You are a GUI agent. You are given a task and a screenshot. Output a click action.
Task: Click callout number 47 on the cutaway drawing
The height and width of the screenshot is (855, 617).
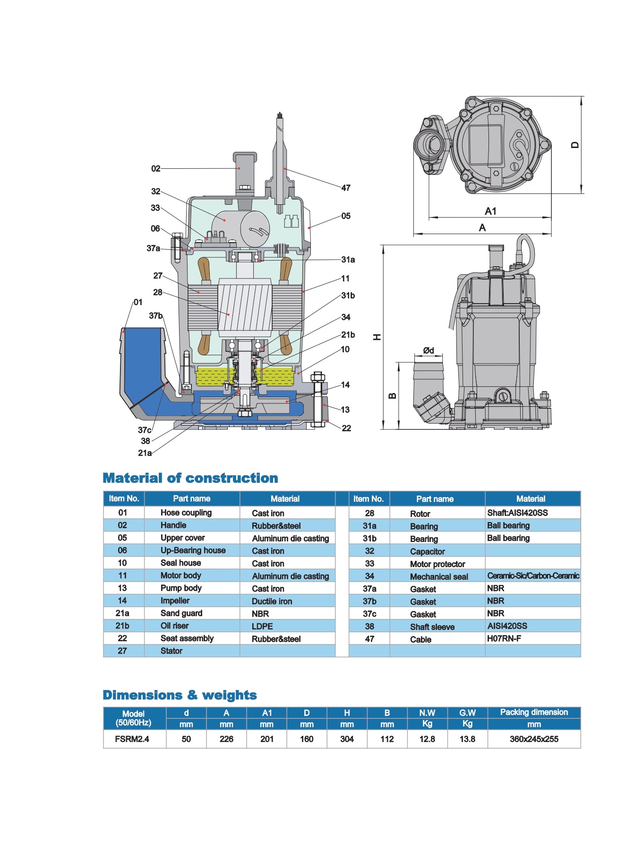click(x=346, y=188)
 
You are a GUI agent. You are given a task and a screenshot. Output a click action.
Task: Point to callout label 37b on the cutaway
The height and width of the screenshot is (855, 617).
click(x=156, y=315)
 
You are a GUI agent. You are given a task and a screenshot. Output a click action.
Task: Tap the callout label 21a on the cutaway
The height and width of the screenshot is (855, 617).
click(x=145, y=453)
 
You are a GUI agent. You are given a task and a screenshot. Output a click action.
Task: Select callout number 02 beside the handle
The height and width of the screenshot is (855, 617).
click(x=156, y=168)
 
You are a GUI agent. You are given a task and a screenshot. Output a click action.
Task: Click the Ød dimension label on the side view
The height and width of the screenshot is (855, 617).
click(x=428, y=350)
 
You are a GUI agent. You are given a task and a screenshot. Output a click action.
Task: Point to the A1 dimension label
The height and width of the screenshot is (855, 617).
click(x=490, y=211)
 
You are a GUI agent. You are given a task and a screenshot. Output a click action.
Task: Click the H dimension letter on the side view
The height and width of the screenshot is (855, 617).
click(x=377, y=337)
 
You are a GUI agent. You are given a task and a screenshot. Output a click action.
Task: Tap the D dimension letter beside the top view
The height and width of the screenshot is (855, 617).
click(x=574, y=145)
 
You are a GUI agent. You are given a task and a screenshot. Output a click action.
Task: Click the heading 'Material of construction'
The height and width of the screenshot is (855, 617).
click(x=190, y=478)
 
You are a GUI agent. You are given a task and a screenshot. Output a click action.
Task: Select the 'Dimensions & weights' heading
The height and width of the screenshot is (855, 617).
click(x=180, y=695)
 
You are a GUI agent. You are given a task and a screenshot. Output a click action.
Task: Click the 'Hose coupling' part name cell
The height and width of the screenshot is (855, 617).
click(x=186, y=513)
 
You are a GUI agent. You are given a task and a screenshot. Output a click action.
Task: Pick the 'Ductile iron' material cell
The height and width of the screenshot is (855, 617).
click(x=272, y=601)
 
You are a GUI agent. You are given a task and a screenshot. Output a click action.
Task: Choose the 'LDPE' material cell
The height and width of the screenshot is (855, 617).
click(x=262, y=626)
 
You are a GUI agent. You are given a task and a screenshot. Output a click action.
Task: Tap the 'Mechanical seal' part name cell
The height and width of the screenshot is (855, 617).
click(x=439, y=576)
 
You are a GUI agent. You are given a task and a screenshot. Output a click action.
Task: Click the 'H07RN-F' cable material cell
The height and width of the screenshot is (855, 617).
click(x=504, y=638)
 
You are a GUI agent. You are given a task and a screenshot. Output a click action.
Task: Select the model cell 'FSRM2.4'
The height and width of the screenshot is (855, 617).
click(x=132, y=739)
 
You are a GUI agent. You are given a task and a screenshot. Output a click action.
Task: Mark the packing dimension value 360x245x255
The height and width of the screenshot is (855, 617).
click(x=534, y=739)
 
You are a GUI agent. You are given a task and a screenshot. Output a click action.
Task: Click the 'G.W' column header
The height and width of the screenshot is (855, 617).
click(x=467, y=713)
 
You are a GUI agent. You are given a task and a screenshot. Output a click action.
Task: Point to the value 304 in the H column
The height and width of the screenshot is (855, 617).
click(x=347, y=739)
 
